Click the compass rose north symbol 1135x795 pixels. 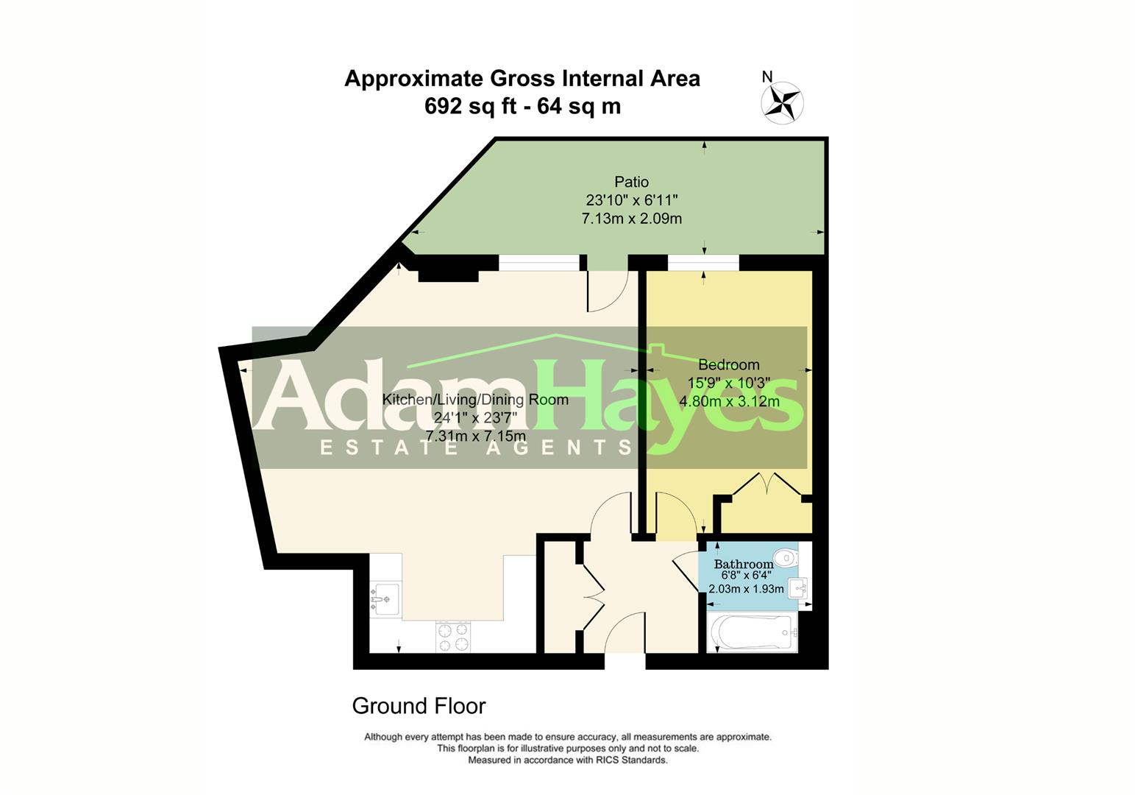781,102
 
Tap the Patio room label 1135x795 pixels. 631,182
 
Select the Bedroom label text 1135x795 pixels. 728,364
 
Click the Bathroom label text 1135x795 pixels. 744,565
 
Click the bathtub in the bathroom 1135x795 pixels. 752,632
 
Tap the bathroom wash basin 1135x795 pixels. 798,588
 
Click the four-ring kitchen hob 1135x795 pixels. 453,637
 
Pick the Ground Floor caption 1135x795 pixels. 419,706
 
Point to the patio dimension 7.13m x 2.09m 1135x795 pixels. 631,219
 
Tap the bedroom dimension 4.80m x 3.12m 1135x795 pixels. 728,401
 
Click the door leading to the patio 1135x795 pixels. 606,291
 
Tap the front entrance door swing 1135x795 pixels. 625,633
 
